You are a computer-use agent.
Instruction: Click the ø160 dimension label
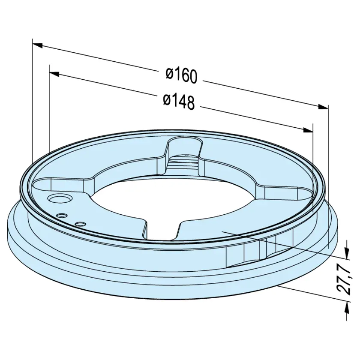pos(182,75)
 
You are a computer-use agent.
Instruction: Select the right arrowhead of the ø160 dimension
pos(323,107)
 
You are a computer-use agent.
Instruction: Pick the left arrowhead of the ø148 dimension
pos(54,74)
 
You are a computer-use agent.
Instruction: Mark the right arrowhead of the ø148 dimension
pos(308,130)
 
